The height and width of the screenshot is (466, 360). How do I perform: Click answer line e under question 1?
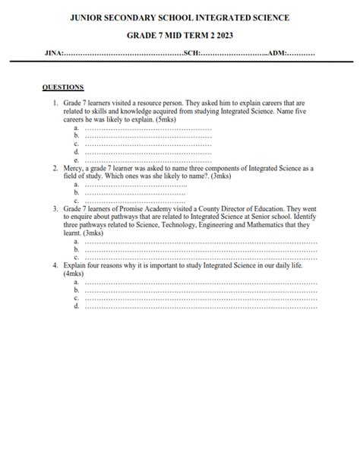tap(144, 161)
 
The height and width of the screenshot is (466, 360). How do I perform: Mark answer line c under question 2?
tap(144, 201)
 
